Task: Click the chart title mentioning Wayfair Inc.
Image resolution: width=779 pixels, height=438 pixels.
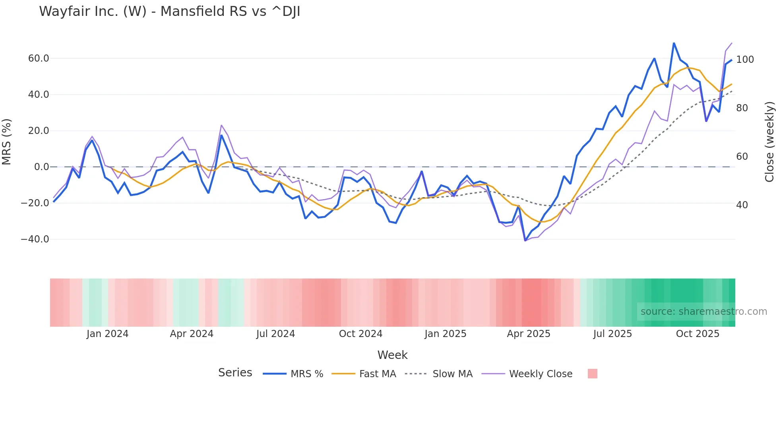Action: click(170, 12)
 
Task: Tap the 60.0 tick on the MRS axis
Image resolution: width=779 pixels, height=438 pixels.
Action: click(39, 58)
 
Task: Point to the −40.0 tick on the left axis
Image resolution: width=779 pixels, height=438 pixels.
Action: click(35, 239)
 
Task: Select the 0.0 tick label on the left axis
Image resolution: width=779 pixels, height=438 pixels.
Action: click(41, 167)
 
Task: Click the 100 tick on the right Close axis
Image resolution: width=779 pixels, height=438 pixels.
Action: click(745, 60)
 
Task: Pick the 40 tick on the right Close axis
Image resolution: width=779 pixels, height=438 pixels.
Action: click(742, 205)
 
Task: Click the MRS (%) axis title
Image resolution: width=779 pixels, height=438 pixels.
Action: click(7, 142)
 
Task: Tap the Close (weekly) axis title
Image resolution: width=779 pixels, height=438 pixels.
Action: click(769, 142)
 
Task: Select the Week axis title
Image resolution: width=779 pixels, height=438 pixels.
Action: click(392, 355)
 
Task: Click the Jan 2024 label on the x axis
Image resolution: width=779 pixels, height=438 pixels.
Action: click(107, 334)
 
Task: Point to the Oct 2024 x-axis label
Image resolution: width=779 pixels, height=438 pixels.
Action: click(360, 334)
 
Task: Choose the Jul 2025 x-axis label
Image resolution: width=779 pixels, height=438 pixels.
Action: click(612, 334)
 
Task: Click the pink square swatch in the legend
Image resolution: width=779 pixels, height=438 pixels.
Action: click(592, 374)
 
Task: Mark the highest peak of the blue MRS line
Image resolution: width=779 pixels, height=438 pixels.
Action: click(674, 43)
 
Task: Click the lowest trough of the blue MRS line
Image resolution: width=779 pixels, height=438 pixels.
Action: click(525, 240)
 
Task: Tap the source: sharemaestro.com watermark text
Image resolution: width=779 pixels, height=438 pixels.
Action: click(703, 312)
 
